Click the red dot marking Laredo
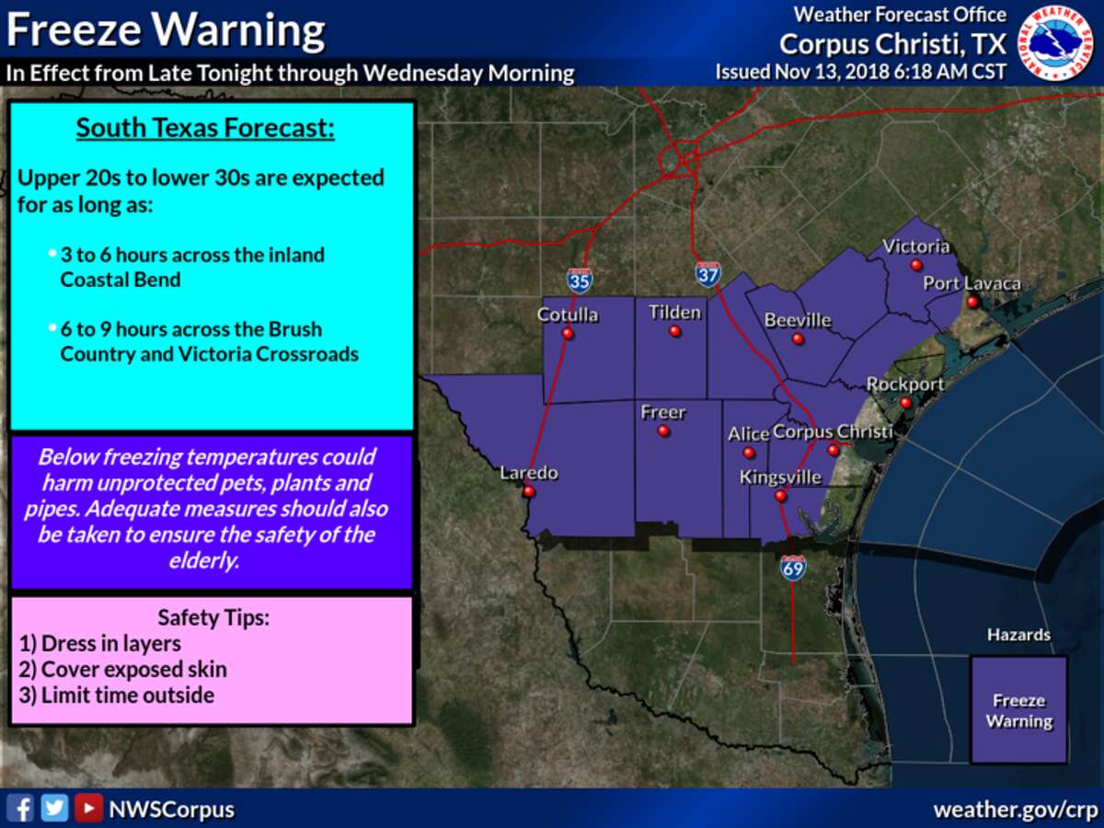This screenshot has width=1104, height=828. (528, 491)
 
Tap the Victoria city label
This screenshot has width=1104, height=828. (915, 247)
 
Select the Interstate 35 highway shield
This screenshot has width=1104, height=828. (580, 281)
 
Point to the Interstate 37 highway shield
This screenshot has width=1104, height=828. (707, 273)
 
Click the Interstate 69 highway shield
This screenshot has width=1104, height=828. (793, 567)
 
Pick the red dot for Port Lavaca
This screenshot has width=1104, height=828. (972, 302)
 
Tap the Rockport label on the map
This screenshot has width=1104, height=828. (906, 384)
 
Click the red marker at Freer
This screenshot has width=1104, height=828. (663, 431)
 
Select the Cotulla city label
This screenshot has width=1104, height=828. (568, 315)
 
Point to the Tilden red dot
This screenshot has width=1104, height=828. (674, 331)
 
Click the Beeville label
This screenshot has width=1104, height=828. (798, 320)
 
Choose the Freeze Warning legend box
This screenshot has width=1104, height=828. (1018, 708)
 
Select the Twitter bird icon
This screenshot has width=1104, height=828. (55, 809)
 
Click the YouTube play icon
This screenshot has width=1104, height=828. (88, 809)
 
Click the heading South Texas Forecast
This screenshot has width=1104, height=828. (205, 128)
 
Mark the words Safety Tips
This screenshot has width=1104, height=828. (213, 617)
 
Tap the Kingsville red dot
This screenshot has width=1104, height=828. (780, 496)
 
